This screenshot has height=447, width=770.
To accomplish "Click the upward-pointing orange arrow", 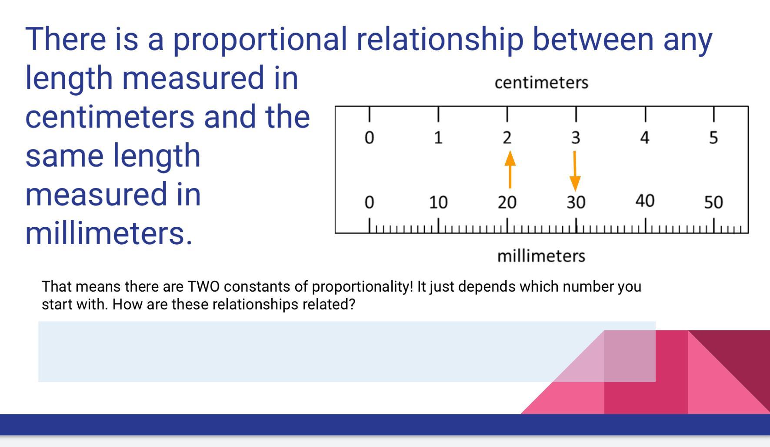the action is pos(510,169).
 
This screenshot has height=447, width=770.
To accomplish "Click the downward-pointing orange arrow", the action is pos(575,171).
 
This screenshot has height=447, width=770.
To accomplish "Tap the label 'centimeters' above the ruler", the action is pos(541,82).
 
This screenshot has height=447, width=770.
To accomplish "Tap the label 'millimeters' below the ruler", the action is pos(541,256).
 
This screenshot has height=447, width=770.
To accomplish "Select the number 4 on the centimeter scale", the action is pos(645,138).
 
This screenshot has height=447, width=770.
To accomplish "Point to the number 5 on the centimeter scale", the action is pos(713,138).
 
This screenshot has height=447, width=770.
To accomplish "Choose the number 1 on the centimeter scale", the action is pos(438,138).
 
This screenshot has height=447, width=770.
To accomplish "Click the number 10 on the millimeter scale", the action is pos(438,202).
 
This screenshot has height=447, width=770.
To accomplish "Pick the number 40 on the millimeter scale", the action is pos(645,201).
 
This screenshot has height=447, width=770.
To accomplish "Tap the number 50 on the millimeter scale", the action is pos(713,202).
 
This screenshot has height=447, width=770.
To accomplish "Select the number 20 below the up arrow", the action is pos(507,202).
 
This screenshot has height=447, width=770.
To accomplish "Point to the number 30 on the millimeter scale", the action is pos(576,202).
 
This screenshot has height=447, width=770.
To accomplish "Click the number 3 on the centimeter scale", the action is pos(576,138).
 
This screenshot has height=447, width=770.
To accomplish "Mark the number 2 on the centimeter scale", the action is pos(507,138).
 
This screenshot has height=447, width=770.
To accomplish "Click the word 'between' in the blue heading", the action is pos(593,39).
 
